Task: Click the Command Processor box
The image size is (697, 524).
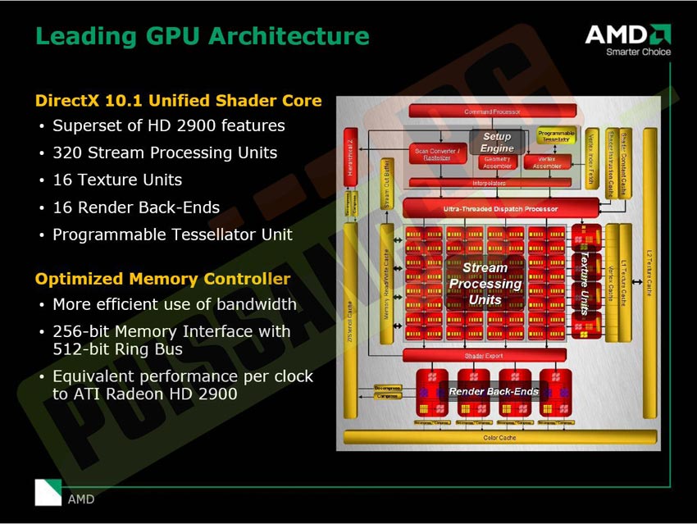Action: (491, 112)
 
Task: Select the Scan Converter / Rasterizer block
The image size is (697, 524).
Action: (437, 154)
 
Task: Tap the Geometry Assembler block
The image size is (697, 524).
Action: (497, 162)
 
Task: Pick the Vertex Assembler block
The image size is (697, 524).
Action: (547, 162)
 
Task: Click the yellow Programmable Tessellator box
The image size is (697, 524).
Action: (557, 135)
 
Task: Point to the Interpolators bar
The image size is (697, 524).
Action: (490, 183)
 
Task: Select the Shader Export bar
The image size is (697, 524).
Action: (484, 355)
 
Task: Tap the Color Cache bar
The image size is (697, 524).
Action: (500, 438)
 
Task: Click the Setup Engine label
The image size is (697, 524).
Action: (497, 142)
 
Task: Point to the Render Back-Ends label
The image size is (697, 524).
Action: (493, 391)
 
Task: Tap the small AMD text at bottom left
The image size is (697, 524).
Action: (81, 499)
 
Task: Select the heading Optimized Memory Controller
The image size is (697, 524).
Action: (162, 279)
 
